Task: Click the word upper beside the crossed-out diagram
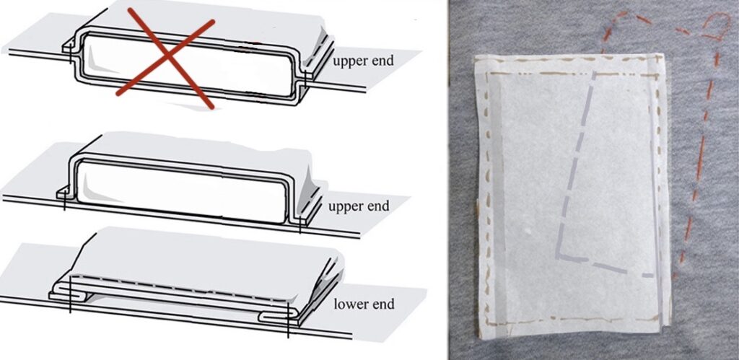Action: click(x=349, y=61)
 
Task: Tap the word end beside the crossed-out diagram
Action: click(x=382, y=61)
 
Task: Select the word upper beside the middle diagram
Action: click(x=345, y=206)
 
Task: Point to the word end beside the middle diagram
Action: click(x=378, y=206)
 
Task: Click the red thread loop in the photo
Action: click(x=714, y=27)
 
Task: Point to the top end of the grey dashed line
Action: click(x=593, y=73)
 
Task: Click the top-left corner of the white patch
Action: click(x=476, y=58)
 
